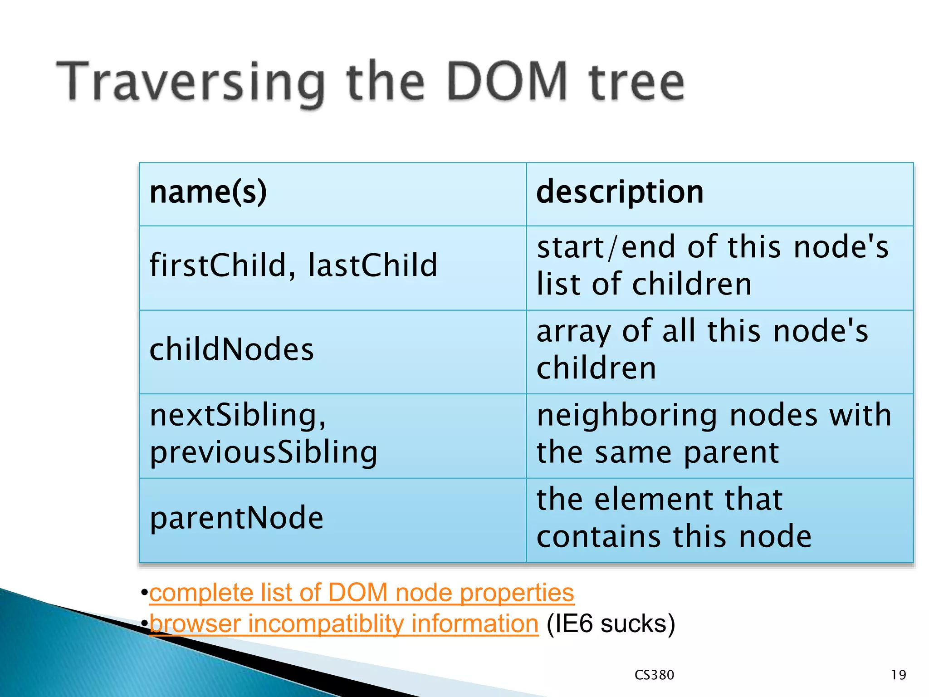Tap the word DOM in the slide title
coord(507,82)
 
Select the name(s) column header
coord(208,192)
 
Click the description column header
coord(620,192)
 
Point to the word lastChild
coord(373,265)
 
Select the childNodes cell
coord(232,349)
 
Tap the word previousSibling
coord(264,452)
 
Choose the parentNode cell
coord(236,518)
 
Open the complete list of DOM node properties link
coord(362,593)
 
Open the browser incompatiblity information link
coord(344,623)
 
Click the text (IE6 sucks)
coord(611,623)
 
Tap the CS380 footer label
coord(654,675)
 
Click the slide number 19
coord(898,675)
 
